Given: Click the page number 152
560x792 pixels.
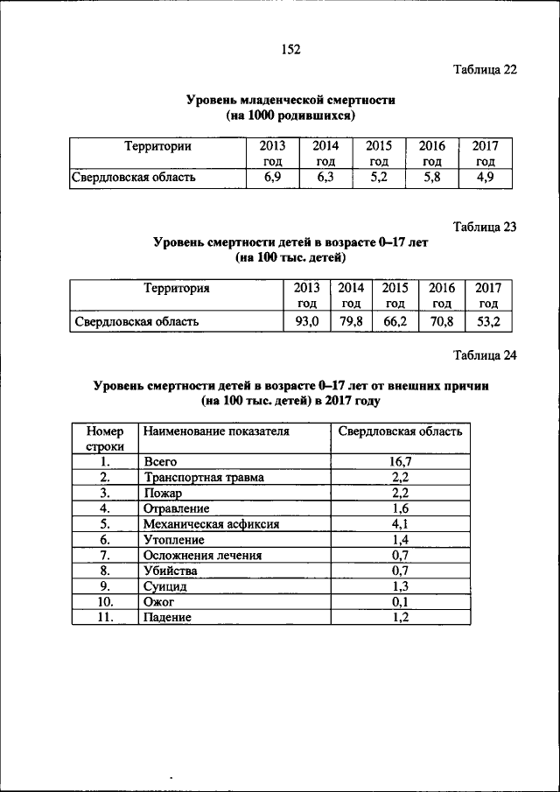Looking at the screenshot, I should (x=290, y=50).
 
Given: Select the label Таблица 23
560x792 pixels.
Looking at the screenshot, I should (x=485, y=227).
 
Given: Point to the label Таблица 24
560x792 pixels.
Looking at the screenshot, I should (x=485, y=354).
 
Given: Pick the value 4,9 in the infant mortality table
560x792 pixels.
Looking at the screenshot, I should (x=484, y=178).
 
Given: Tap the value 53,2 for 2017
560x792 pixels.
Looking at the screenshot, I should (x=488, y=321).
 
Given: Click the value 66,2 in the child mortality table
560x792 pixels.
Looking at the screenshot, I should (x=396, y=321).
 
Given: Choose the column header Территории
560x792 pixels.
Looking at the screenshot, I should (x=157, y=146).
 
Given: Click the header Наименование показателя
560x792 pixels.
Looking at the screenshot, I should (x=216, y=431).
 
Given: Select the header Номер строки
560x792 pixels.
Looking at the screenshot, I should (x=104, y=438).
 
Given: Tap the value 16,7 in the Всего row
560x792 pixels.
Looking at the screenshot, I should (x=399, y=460).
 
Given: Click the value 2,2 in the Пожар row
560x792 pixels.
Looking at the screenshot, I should (x=399, y=492).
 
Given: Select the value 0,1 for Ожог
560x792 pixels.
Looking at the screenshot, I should (x=399, y=602).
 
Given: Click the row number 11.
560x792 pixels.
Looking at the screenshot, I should (x=104, y=618).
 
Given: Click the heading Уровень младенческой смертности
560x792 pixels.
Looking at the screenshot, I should (x=290, y=100).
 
